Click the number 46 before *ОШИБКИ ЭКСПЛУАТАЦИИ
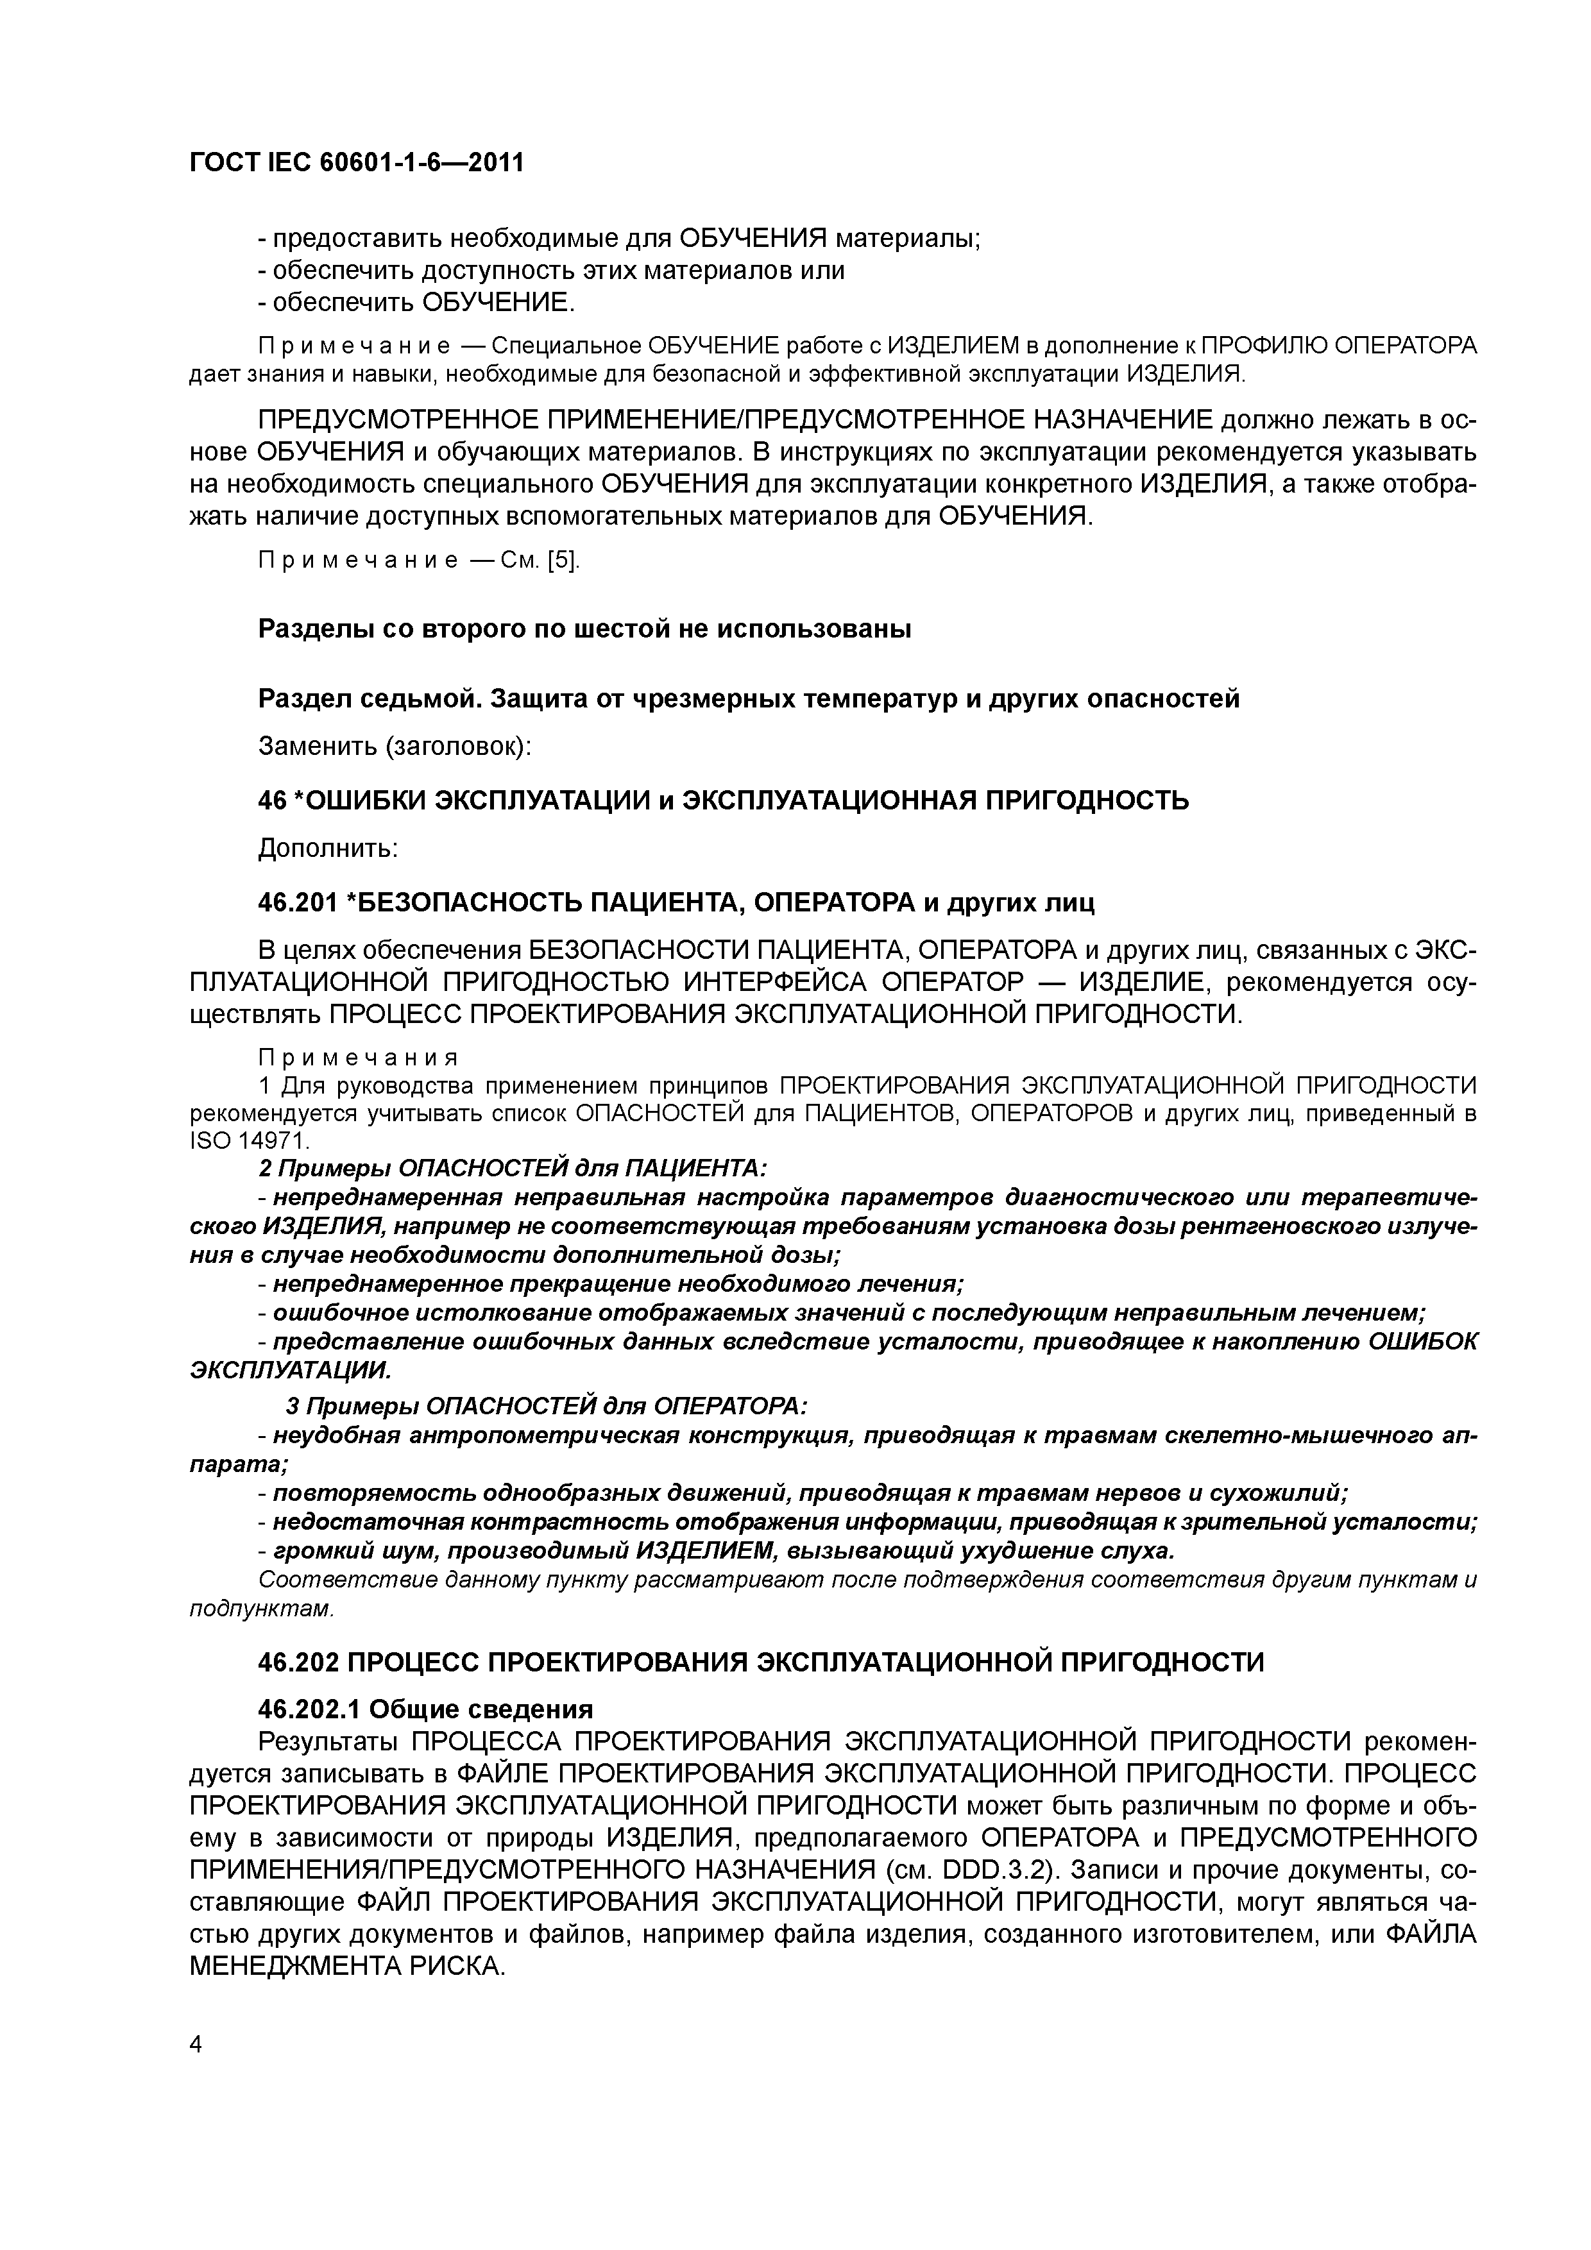pyautogui.click(x=271, y=800)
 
